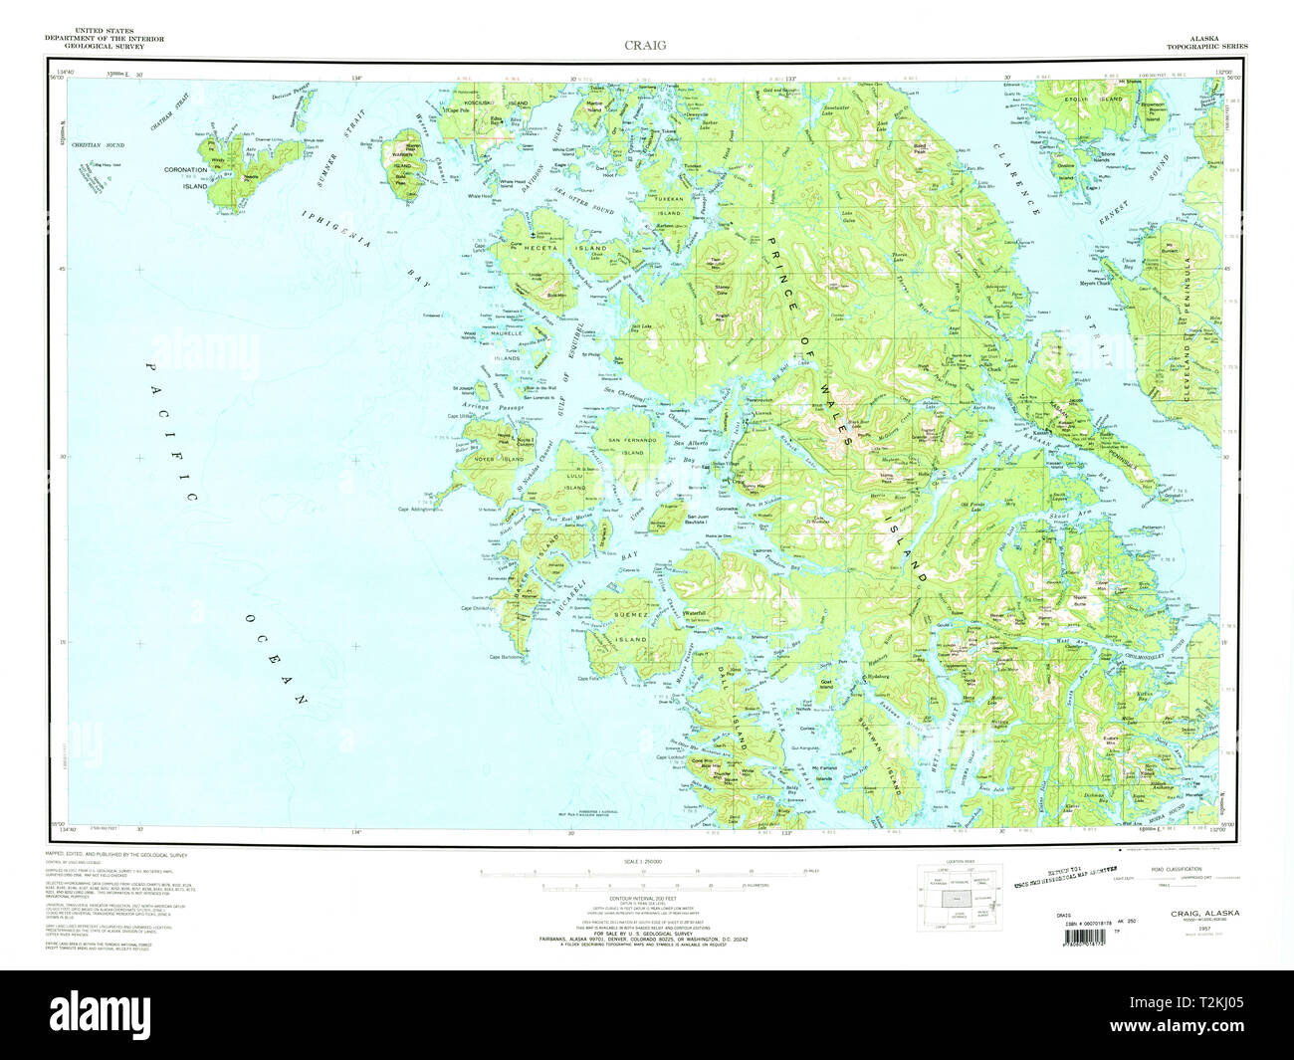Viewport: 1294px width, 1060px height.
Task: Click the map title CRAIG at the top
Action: pos(645,44)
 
